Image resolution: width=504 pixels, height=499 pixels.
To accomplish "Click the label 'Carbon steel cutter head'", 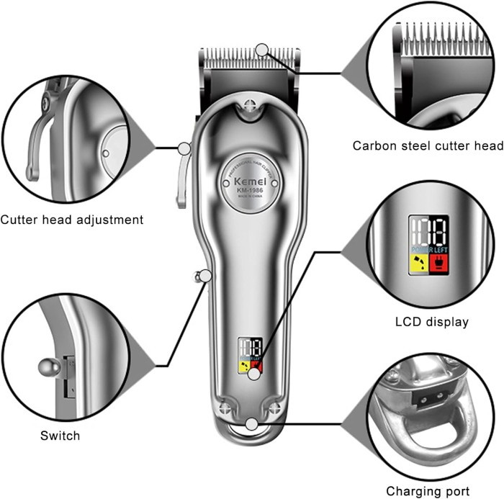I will pos(428,146).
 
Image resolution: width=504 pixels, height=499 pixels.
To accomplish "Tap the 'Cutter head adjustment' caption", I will pos(72,220).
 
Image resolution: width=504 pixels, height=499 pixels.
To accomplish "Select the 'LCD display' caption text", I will pos(432,322).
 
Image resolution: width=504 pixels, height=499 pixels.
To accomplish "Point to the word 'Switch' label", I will pos(60,436).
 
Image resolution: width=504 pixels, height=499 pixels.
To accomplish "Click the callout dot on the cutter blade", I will pos(261,50).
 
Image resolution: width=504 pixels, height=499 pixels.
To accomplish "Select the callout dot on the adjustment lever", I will pos(184,149).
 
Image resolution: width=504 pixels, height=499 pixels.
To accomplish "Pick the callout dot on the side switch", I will pos(207,275).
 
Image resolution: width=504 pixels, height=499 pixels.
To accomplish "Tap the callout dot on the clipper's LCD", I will pos(254,373).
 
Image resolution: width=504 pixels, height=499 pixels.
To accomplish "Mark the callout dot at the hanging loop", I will pos(251,424).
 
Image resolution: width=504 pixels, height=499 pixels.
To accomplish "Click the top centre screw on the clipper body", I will pos(251,104).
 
